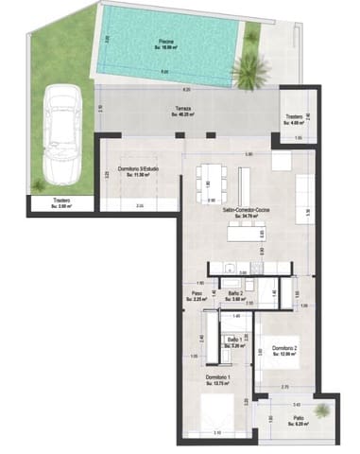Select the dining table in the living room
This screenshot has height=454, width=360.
(x=213, y=180)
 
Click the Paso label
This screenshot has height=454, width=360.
(x=197, y=293)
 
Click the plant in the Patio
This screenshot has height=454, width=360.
(x=324, y=410)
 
